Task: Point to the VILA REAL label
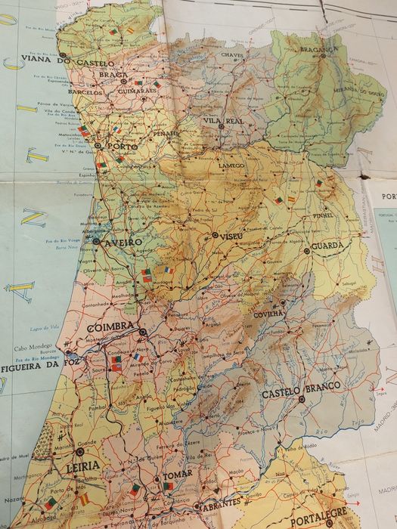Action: pos(222,120)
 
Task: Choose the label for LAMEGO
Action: pos(231,166)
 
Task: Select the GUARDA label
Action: pos(327,246)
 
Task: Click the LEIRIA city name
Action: pos(83,467)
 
